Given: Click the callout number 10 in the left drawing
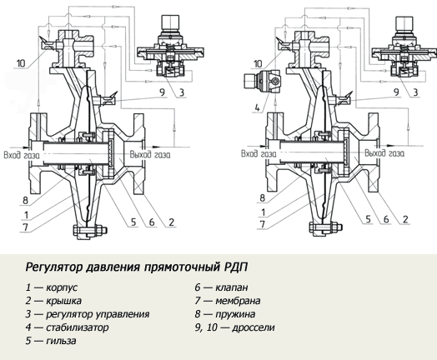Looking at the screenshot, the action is coord(21,63).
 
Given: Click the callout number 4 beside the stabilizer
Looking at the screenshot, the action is coord(257,107).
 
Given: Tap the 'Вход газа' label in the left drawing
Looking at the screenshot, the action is coord(22,155).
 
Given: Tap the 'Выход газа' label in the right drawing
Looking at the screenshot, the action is coord(384,153).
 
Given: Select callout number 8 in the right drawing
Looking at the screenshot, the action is coord(262,198).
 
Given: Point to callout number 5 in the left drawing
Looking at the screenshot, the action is coord(133,222).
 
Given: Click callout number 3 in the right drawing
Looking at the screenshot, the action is coord(415,92).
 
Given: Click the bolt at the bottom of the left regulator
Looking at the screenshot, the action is coord(90,230).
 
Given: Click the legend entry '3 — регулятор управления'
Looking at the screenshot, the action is coord(88,314).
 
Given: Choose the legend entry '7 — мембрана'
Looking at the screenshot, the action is coord(228,301).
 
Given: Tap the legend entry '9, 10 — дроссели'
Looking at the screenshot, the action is coord(234,327).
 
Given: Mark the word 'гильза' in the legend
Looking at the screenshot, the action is coord(61,341).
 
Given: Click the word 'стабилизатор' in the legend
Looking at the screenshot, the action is coord(78,327).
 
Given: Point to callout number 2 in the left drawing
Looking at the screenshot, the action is coord(171,222).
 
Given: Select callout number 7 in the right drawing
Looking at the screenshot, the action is coord(262,224).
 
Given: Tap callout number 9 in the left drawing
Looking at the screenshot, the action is coord(162,92).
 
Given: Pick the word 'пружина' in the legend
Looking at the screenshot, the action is coord(235,314).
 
